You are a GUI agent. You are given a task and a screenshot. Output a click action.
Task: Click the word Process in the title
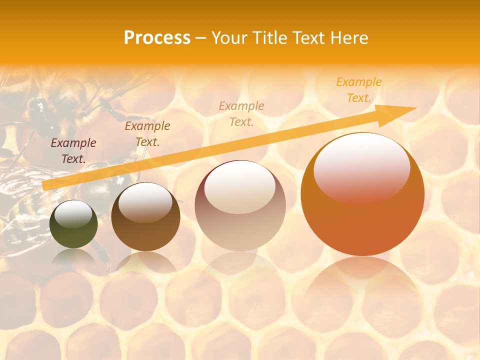(x=157, y=38)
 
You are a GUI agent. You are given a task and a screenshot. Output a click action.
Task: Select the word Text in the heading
(x=309, y=38)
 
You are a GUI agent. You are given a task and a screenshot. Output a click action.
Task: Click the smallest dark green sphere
(x=73, y=224)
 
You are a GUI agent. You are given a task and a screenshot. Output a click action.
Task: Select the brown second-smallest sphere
(x=145, y=217)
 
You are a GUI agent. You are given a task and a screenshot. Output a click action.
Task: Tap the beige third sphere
(x=240, y=205)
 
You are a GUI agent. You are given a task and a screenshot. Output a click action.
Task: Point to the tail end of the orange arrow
(x=44, y=186)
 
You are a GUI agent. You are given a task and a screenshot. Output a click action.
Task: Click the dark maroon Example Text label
(x=73, y=151)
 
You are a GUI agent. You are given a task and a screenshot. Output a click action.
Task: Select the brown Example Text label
(x=147, y=134)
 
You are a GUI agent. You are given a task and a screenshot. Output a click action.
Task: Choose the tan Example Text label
(x=241, y=113)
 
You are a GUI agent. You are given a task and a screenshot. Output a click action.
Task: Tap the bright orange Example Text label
(x=359, y=90)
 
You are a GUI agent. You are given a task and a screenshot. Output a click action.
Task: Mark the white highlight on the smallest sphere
(x=73, y=214)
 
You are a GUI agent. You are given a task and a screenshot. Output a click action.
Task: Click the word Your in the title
(x=229, y=38)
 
